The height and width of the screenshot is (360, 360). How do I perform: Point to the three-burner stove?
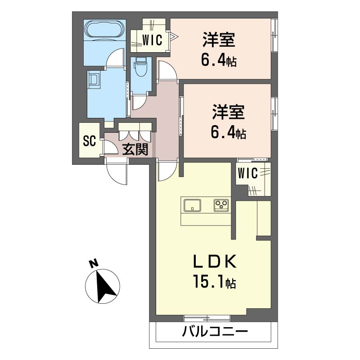coord(221,205)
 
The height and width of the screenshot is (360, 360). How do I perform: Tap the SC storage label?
coord(89,141)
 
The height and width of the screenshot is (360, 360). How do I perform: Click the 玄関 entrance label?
coord(135,149)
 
